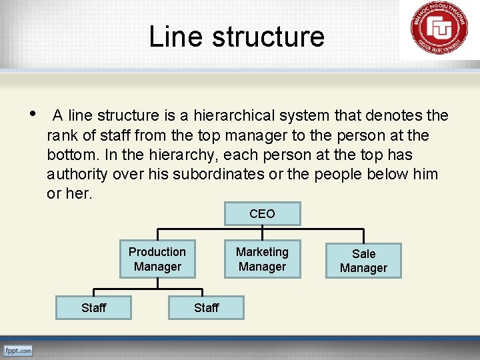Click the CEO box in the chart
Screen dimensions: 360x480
coord(262,214)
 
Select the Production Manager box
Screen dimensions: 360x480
coord(157,259)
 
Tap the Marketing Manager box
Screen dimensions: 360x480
coord(262,259)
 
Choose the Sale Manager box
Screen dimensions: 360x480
coord(363,261)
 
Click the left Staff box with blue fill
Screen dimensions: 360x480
coord(93,307)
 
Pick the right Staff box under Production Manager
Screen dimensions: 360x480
coord(206,307)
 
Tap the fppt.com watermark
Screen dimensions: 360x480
coord(18,351)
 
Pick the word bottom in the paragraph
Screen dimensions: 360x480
coord(70,155)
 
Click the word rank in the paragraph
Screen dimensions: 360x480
coord(62,136)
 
